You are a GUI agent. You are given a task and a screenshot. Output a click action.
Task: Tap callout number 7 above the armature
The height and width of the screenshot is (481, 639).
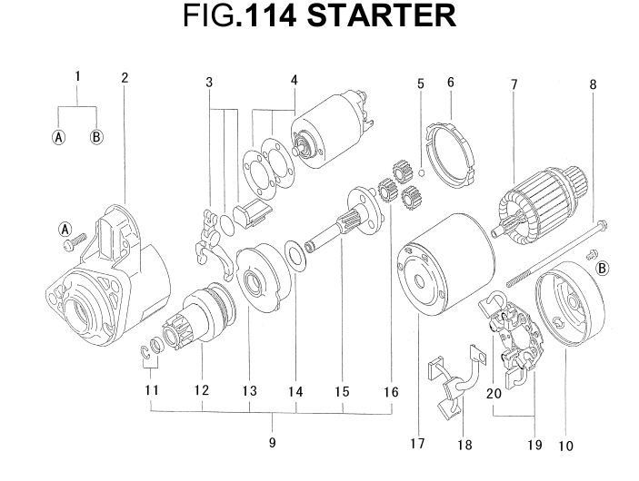click(514, 84)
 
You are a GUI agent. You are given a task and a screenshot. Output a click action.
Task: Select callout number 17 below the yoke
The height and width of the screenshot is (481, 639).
click(417, 444)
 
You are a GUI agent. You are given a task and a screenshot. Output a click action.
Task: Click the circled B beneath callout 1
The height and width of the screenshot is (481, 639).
click(96, 138)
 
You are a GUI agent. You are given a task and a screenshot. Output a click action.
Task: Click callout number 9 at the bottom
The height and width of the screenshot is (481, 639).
click(272, 444)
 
